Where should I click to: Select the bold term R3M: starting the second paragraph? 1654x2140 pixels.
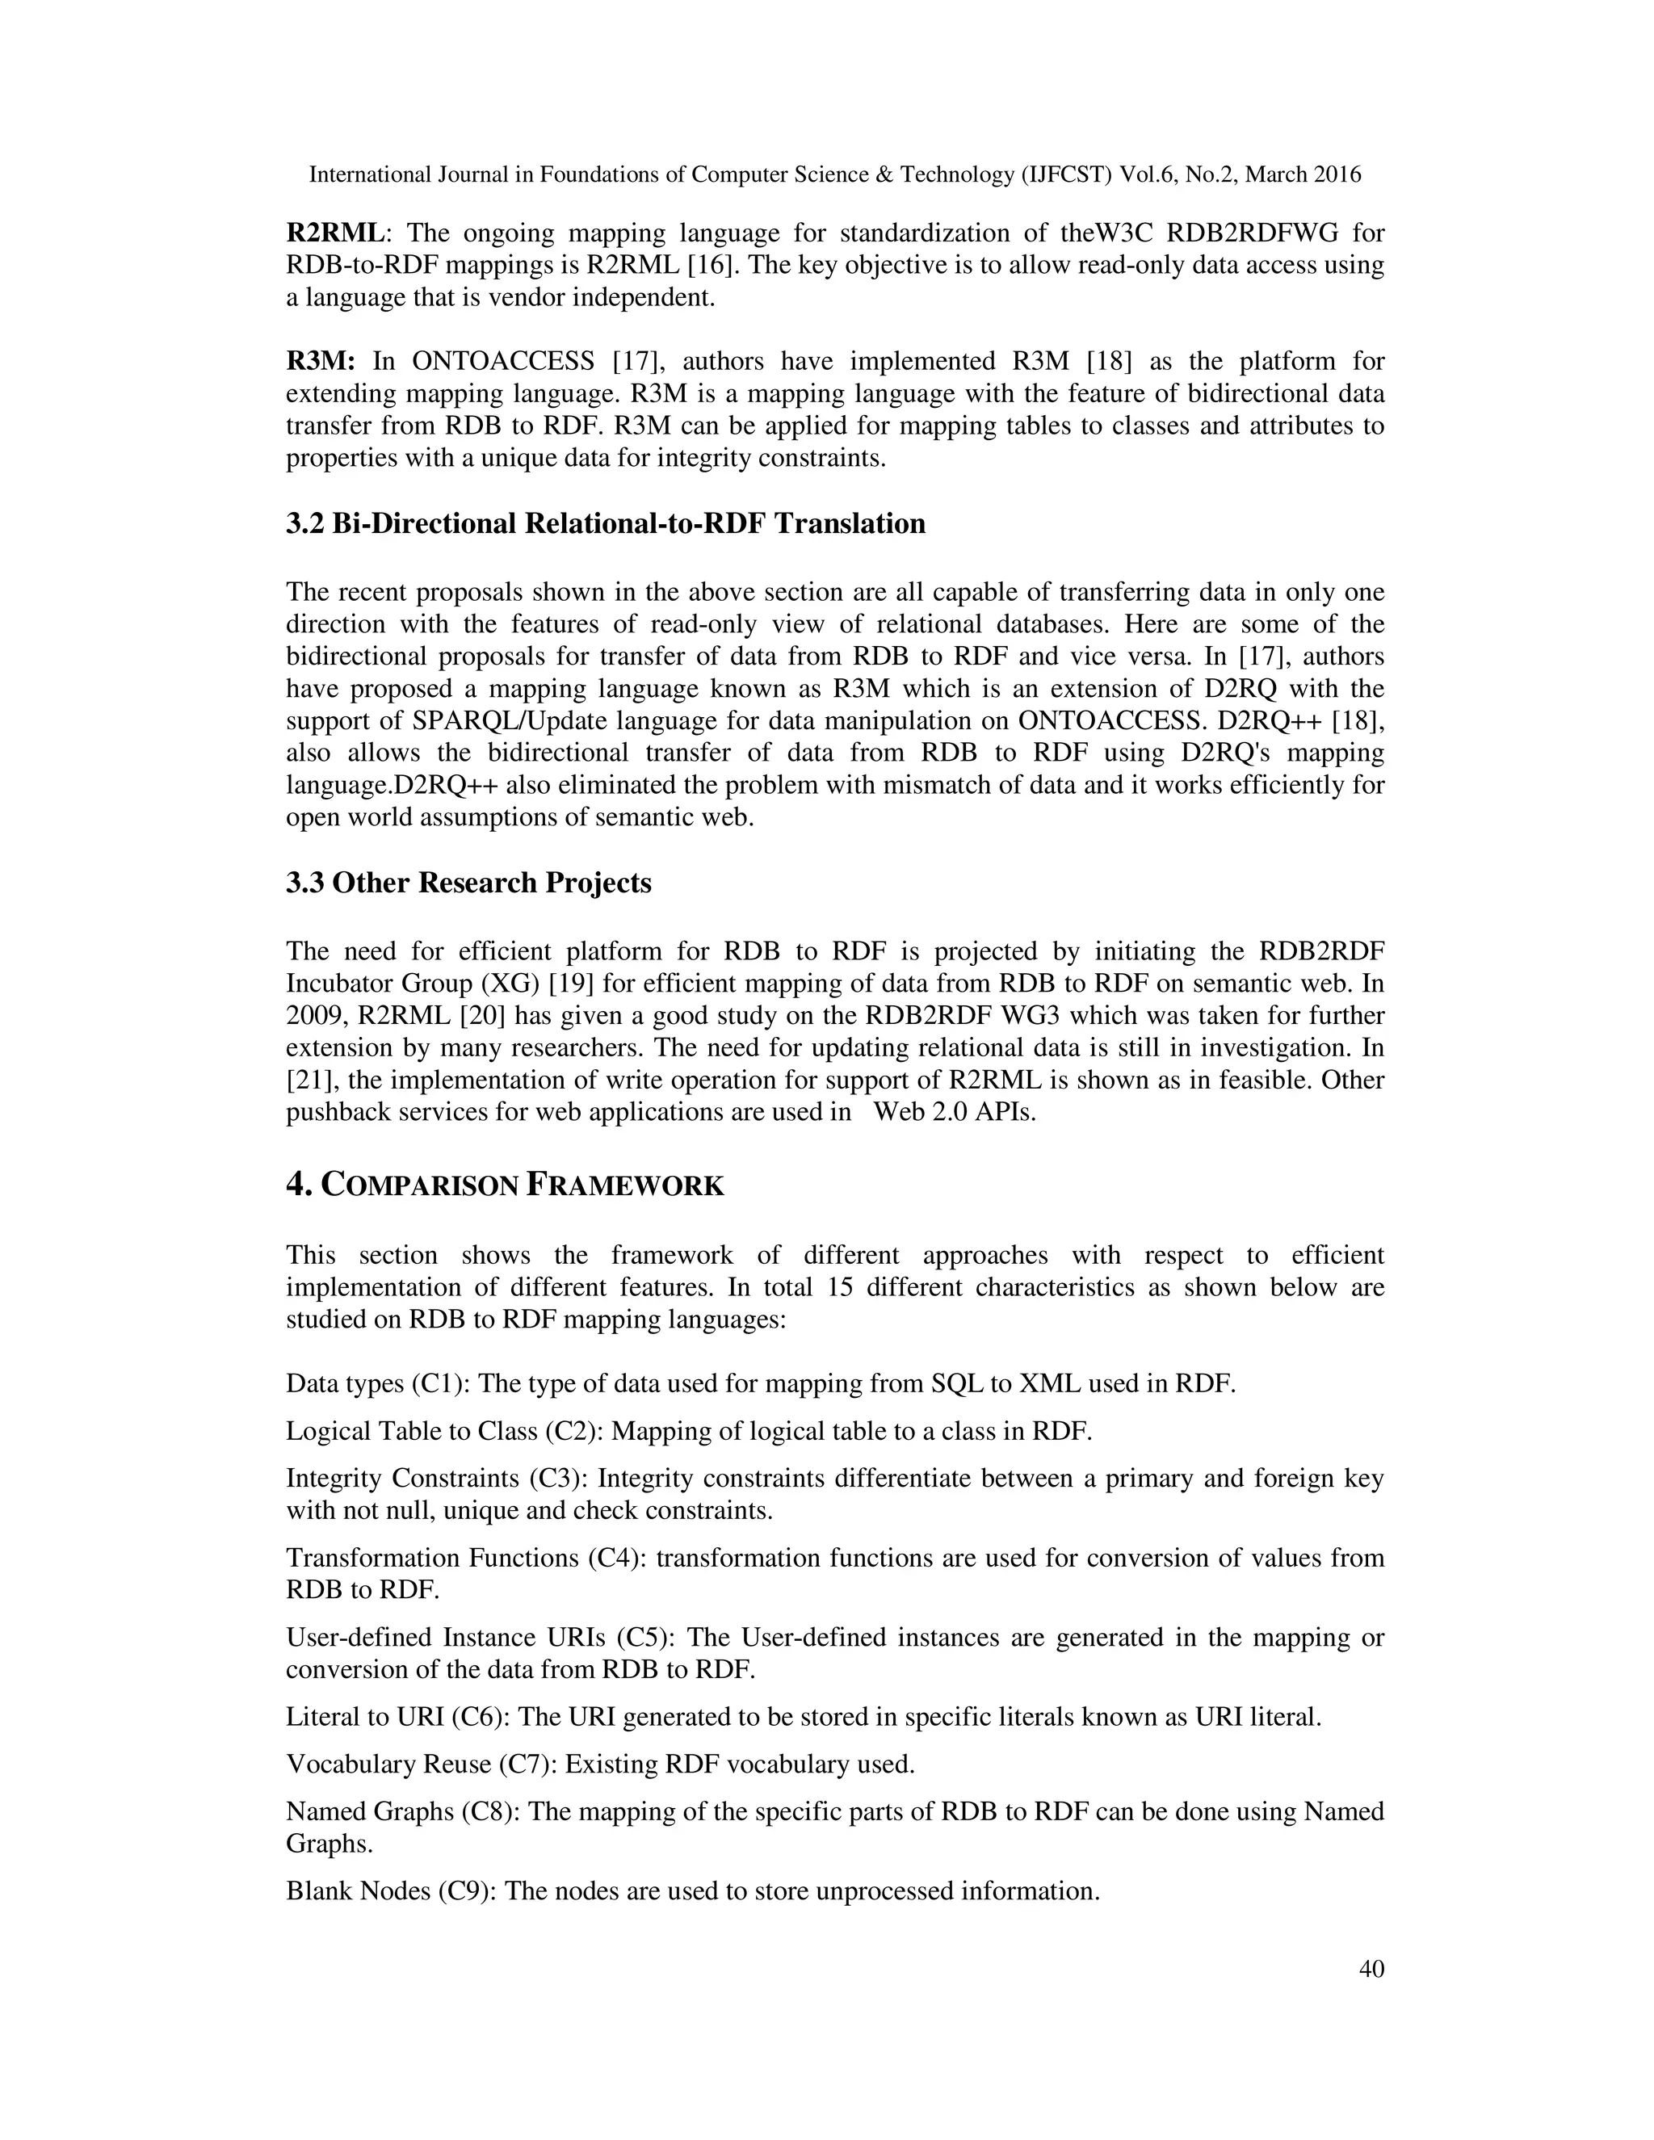click(x=321, y=362)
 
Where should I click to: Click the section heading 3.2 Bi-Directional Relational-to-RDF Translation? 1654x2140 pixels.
click(x=606, y=524)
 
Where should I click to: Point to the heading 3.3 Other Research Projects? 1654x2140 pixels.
click(x=468, y=883)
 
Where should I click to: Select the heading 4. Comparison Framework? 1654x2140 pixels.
click(x=505, y=1185)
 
